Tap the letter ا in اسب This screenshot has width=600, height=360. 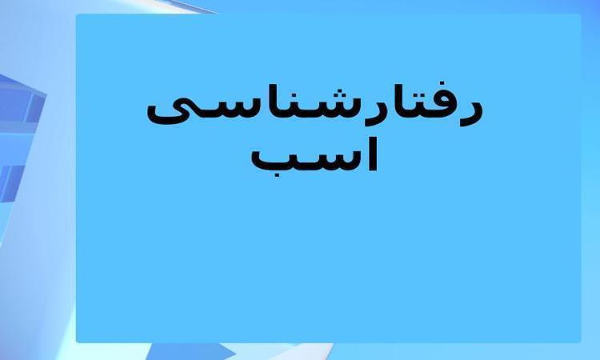coord(374,154)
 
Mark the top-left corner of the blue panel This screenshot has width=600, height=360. coord(76,14)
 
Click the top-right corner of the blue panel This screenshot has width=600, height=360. coord(581,14)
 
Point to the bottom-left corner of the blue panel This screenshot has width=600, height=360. coord(76,342)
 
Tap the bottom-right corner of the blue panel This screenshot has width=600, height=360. coord(581,342)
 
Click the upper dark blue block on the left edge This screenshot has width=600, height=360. coord(20,100)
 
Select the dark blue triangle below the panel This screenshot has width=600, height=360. coord(184,351)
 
